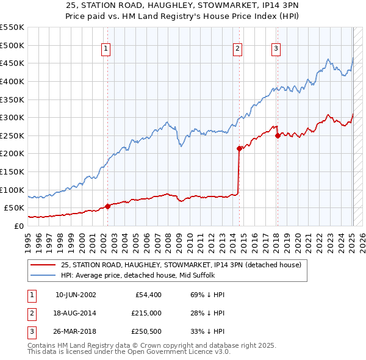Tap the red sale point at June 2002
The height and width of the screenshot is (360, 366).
pyautogui.click(x=108, y=206)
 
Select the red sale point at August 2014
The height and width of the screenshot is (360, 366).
pyautogui.click(x=239, y=148)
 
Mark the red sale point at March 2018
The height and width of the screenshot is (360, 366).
pyautogui.click(x=278, y=135)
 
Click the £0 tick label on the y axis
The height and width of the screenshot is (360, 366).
pyautogui.click(x=18, y=226)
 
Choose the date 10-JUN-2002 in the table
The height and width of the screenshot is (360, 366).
pyautogui.click(x=76, y=295)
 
